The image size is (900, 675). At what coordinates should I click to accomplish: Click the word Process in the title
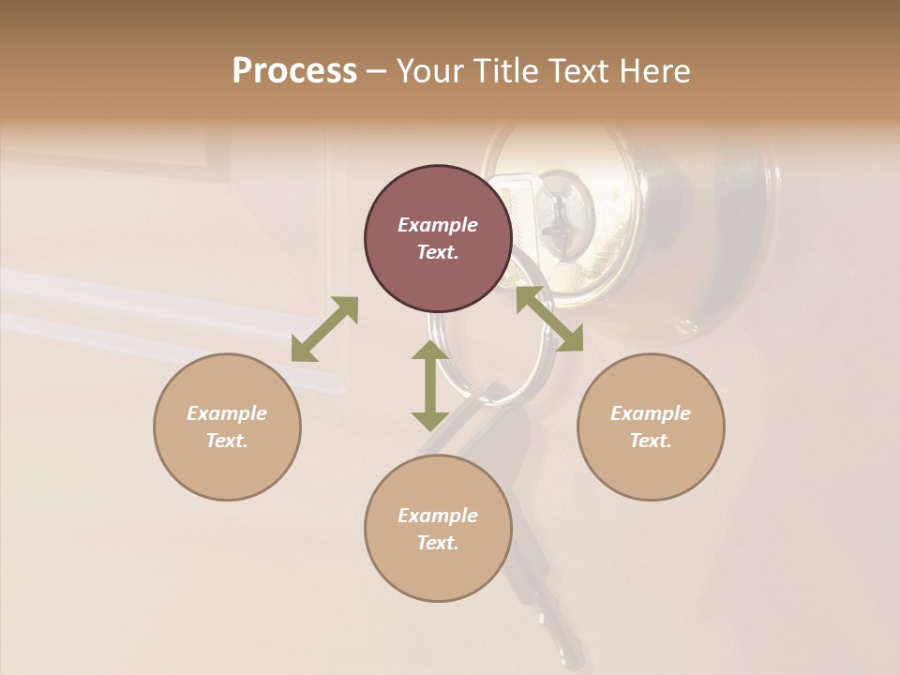294,71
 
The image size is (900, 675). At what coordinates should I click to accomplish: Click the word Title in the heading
502,71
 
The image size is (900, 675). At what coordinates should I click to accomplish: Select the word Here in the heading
654,71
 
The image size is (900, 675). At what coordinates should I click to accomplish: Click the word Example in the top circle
438,225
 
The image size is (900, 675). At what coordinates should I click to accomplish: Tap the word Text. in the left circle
227,441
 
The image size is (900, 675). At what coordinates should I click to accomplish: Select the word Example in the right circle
651,413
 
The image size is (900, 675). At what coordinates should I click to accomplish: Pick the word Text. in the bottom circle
438,543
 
